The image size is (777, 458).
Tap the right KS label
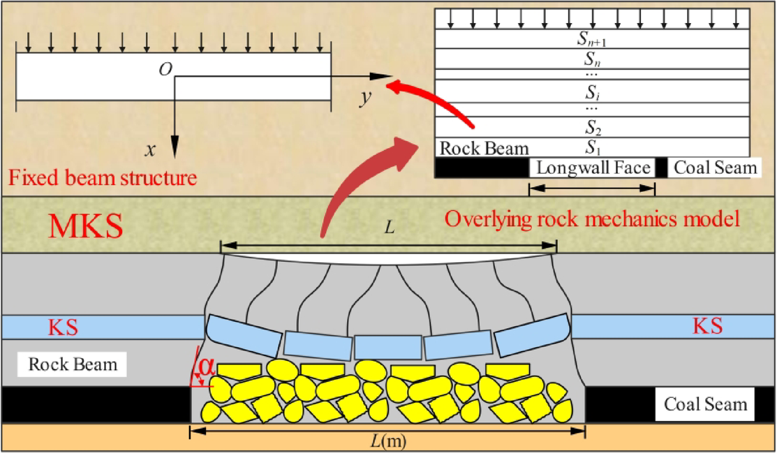point(707,326)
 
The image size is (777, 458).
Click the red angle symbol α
point(203,368)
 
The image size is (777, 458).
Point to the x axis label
point(149,149)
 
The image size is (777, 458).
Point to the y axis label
point(365,98)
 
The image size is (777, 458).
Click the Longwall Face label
point(593,168)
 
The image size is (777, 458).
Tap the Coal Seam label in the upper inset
point(715,168)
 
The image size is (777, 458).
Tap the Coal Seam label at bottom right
point(705,404)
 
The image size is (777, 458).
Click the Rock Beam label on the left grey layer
point(73,364)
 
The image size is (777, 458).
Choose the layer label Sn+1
point(593,39)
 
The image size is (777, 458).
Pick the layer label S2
point(593,128)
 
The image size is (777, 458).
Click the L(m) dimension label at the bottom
point(388,443)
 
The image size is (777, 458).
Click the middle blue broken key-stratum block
point(388,346)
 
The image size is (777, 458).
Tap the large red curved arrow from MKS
point(363,179)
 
